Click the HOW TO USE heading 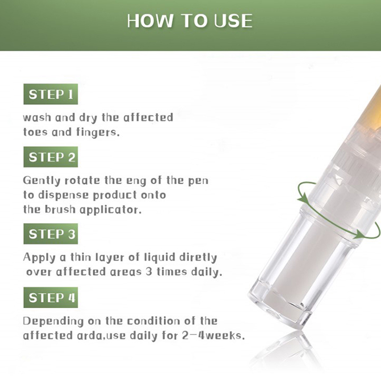point(190,21)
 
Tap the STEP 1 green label point(50,94)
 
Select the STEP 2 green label point(50,157)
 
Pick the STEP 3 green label point(50,234)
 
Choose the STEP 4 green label point(50,297)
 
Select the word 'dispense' point(63,196)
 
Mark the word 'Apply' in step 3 point(40,258)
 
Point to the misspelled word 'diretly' point(198,258)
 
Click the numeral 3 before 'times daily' point(149,271)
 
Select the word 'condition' point(153,321)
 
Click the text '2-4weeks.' point(213,336)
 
